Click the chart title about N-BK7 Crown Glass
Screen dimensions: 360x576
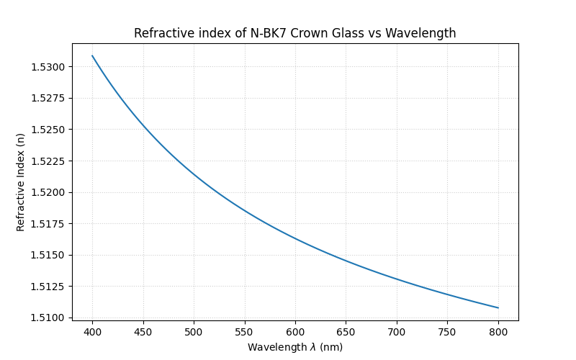294,33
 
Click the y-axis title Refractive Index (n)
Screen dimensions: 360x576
21,182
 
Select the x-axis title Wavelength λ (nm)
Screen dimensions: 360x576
294,347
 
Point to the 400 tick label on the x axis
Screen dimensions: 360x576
92,332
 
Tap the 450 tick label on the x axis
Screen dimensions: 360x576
143,332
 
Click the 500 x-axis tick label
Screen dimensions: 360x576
194,332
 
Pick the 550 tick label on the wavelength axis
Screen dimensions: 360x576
245,332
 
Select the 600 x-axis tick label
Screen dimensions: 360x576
295,332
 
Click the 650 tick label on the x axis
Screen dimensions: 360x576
346,332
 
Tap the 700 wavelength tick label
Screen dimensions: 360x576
397,332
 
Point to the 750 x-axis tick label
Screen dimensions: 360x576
448,332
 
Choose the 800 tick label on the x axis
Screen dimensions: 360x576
498,332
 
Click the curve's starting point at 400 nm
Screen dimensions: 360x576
92,55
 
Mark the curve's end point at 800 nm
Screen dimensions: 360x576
498,308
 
